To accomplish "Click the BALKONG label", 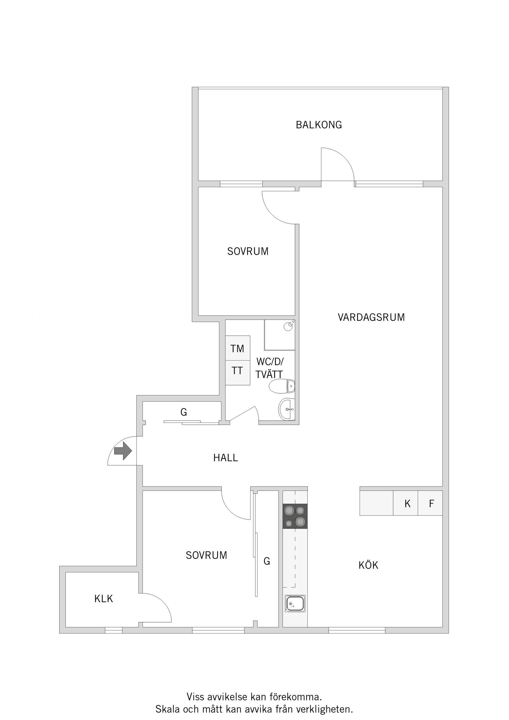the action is (x=319, y=125).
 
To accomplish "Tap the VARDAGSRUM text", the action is (x=371, y=317).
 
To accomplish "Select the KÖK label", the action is (x=368, y=565).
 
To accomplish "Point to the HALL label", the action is (x=226, y=458).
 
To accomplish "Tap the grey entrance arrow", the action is (x=123, y=451).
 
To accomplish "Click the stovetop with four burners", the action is (x=295, y=516).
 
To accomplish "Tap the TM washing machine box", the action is (x=238, y=348).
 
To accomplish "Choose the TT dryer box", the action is (x=238, y=373).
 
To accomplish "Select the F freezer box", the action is (x=430, y=504).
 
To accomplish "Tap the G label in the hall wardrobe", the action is (x=183, y=412).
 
